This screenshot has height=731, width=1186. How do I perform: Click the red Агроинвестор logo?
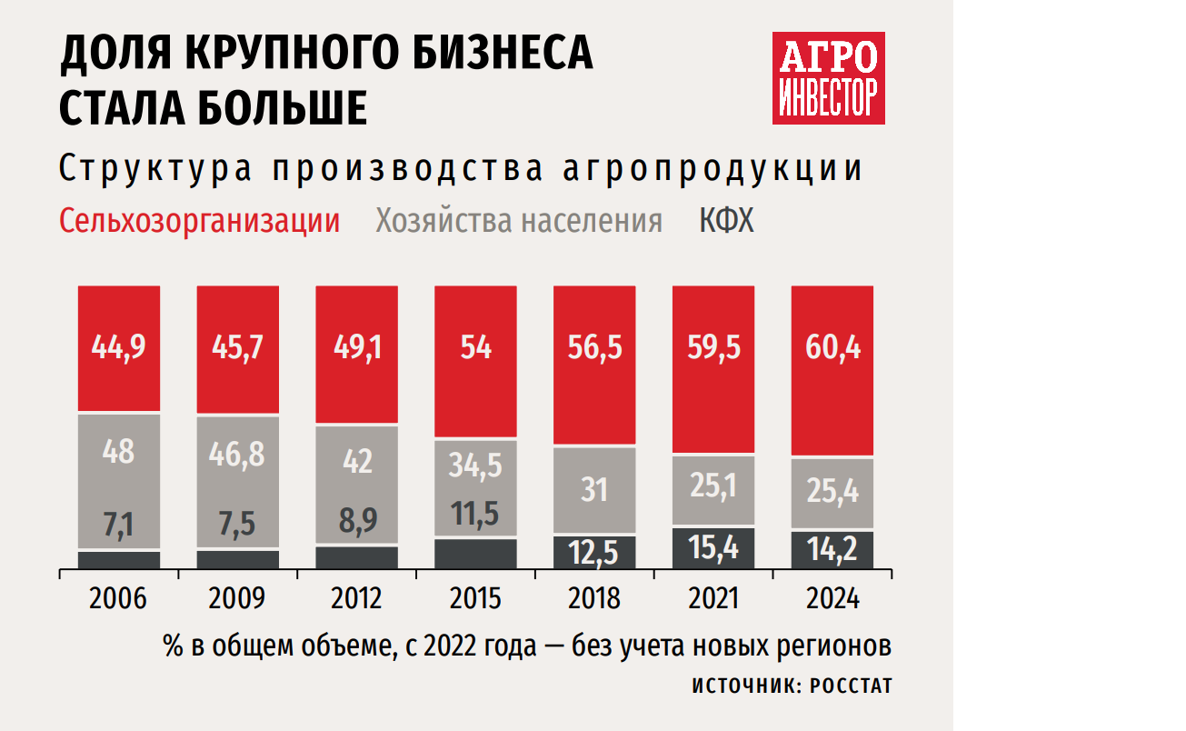pos(828,79)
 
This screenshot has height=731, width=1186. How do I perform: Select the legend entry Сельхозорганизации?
pos(199,221)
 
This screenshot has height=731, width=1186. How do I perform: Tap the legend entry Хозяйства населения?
pos(519,221)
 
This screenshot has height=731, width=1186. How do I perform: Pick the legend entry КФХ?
pos(726,221)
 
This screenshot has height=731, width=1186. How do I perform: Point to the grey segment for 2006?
pos(119,482)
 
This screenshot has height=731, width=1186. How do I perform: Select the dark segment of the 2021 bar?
pos(713,548)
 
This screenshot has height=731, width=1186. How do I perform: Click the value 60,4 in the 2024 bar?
pos(832,347)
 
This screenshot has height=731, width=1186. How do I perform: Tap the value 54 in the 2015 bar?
pos(475,347)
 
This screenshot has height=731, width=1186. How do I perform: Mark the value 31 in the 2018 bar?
pos(594,491)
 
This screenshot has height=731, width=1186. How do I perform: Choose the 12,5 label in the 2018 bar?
pos(594,551)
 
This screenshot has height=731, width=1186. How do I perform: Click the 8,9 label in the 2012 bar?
pos(356,521)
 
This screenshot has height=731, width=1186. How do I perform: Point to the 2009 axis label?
pos(237,598)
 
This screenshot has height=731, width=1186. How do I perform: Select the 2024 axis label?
pos(832,598)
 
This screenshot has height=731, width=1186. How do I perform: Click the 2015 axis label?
pos(475,598)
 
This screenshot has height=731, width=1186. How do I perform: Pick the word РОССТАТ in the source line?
pos(852,686)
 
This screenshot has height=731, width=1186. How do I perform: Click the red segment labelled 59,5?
pos(713,347)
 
